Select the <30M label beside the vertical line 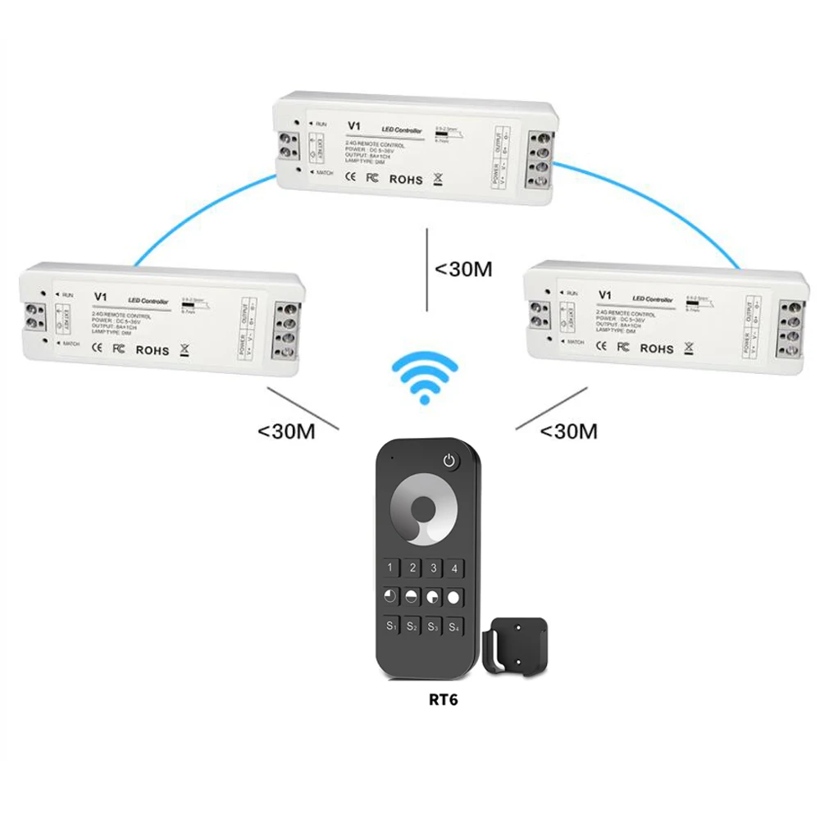(x=463, y=268)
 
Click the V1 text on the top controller (x=354, y=125)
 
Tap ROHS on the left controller (x=152, y=350)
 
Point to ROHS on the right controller (x=656, y=348)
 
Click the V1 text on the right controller (x=607, y=294)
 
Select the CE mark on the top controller (x=348, y=178)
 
